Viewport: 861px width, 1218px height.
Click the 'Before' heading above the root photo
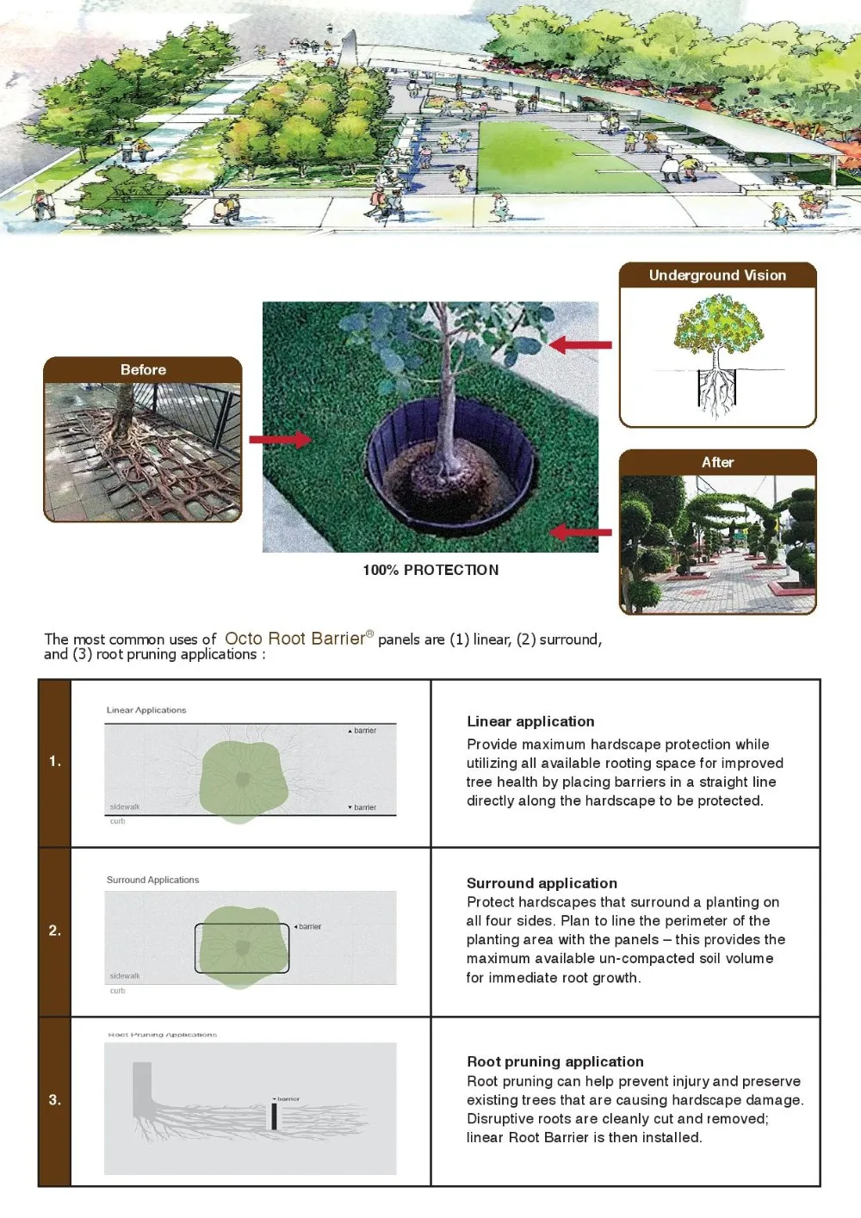coord(143,369)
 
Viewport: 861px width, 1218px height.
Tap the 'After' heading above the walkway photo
coord(717,462)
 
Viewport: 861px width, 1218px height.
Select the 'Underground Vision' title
coord(717,275)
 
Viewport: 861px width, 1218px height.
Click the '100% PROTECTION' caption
coord(430,570)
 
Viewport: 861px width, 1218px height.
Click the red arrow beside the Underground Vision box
coord(580,345)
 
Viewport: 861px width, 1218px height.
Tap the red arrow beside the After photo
coord(580,532)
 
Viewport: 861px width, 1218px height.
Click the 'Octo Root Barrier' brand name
coord(295,639)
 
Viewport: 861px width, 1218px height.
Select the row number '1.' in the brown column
coord(55,761)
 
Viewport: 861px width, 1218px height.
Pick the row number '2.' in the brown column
coord(55,931)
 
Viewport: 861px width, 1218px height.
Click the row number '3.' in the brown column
coord(55,1099)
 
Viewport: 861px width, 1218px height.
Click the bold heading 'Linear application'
coord(530,721)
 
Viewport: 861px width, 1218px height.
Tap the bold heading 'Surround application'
coord(542,883)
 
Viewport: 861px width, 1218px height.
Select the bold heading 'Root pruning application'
coord(555,1061)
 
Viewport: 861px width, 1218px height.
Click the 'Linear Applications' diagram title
coord(146,710)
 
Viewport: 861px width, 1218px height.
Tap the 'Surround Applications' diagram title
coord(152,880)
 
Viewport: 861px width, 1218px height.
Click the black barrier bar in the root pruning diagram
coord(274,1116)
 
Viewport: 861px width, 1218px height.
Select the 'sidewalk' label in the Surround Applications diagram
coord(125,976)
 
